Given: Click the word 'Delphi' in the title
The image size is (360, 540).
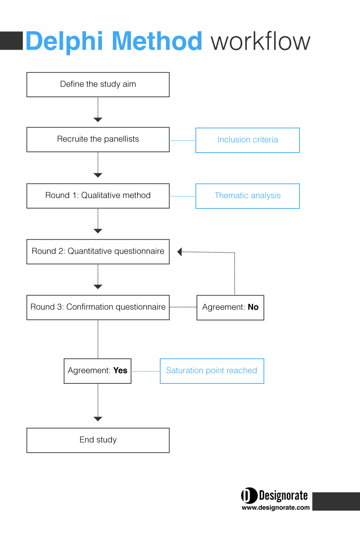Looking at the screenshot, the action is click(64, 41).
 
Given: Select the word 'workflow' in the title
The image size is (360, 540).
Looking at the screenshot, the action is click(261, 41).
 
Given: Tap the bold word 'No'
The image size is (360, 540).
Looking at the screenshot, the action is click(253, 307).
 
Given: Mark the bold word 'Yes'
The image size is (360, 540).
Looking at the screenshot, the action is click(120, 370).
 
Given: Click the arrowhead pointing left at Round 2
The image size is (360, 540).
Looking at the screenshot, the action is click(179, 252).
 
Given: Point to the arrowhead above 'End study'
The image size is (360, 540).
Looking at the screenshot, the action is click(98, 419).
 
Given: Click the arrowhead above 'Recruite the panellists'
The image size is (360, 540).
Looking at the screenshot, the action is click(98, 120).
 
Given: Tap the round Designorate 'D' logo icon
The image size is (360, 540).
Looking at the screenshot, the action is click(249, 496).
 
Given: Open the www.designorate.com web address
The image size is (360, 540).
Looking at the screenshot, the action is click(276, 508).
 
